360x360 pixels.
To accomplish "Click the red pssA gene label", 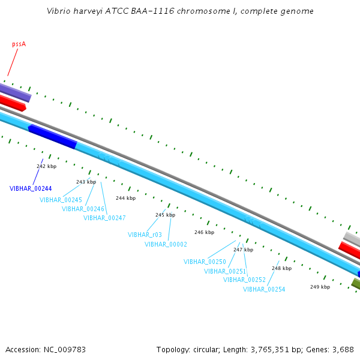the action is pyautogui.click(x=19, y=44).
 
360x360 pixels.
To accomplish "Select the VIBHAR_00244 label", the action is pyautogui.click(x=31, y=188).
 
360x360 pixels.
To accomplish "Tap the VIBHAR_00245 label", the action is pyautogui.click(x=61, y=200).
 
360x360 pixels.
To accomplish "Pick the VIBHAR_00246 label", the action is pyautogui.click(x=83, y=209).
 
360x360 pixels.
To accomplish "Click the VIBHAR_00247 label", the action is pyautogui.click(x=104, y=218).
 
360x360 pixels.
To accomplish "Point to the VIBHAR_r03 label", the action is pyautogui.click(x=145, y=235).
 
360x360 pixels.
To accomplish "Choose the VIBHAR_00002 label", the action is pyautogui.click(x=166, y=244).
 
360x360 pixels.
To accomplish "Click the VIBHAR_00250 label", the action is pyautogui.click(x=205, y=262).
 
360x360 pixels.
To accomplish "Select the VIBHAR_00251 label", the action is pyautogui.click(x=225, y=271).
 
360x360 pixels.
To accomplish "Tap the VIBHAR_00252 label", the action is pyautogui.click(x=244, y=280).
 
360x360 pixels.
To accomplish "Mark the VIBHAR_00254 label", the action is pyautogui.click(x=264, y=289).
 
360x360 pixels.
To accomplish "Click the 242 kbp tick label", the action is pyautogui.click(x=46, y=166).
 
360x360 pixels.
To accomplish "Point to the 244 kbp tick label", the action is pyautogui.click(x=125, y=198).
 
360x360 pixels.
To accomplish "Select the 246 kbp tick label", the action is pyautogui.click(x=204, y=232).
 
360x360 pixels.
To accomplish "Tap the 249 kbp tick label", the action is pyautogui.click(x=320, y=287).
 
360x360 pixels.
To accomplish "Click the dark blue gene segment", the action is pyautogui.click(x=52, y=136).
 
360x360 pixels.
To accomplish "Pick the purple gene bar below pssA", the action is pyautogui.click(x=15, y=92).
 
